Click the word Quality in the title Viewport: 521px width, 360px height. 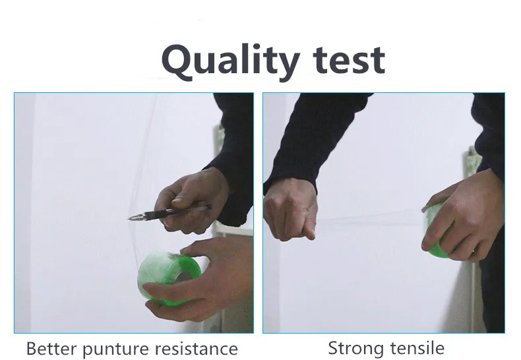[231, 61]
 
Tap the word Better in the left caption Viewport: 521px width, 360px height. [51, 348]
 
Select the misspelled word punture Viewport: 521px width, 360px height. [115, 349]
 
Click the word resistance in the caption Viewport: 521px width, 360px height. [197, 349]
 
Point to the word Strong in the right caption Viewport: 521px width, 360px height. [357, 349]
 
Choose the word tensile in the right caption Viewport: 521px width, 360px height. [417, 348]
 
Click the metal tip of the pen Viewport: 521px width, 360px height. [134, 218]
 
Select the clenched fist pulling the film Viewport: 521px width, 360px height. [290, 208]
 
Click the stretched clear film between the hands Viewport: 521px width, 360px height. [369, 218]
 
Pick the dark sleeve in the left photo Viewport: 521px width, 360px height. [233, 150]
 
